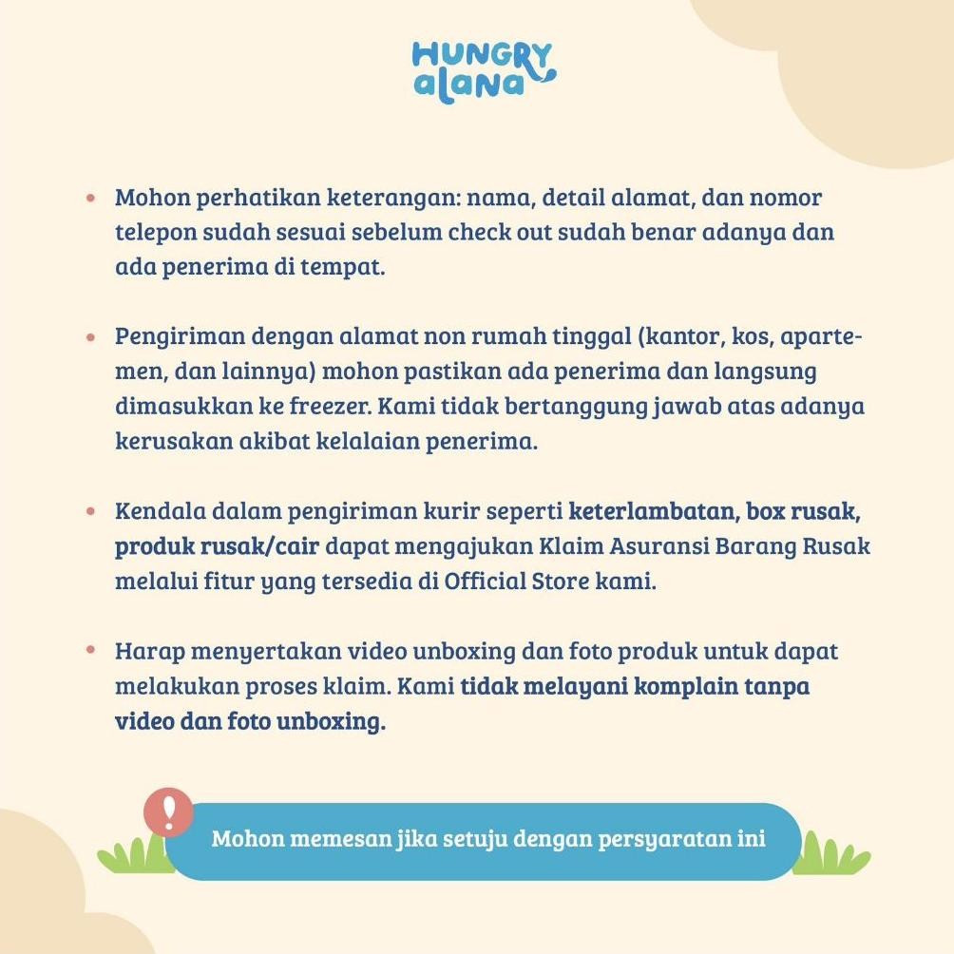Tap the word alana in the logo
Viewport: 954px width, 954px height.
pos(469,85)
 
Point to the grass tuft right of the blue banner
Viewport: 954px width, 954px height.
pos(830,854)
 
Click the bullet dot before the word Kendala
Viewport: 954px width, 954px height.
pos(91,511)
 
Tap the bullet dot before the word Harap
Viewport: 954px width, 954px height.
pos(91,652)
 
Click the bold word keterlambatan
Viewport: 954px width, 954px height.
pos(651,511)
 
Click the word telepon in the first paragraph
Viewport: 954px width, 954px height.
pos(153,233)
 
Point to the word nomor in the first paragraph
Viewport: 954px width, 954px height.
pos(786,198)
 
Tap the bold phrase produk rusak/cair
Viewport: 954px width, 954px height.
pos(217,547)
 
